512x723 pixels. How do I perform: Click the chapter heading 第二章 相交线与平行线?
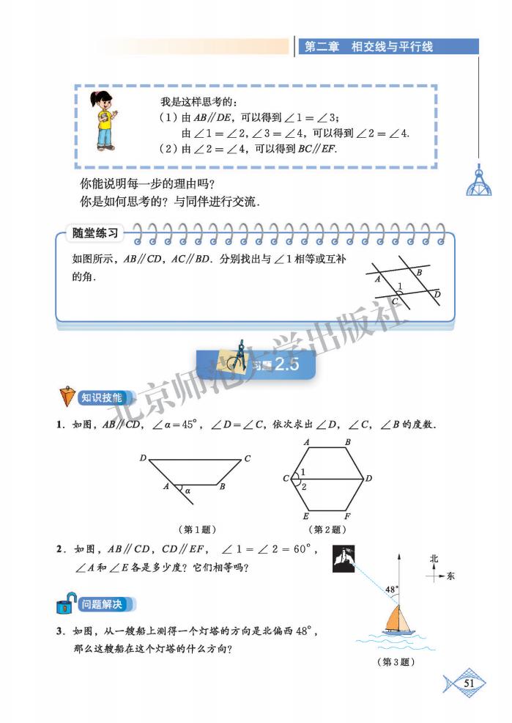click(x=368, y=46)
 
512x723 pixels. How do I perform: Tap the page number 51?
click(x=470, y=683)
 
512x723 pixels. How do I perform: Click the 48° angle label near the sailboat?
click(x=391, y=589)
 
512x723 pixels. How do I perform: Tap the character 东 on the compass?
click(x=450, y=576)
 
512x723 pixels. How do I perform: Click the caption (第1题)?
click(x=198, y=529)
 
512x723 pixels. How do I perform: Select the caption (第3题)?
click(x=396, y=661)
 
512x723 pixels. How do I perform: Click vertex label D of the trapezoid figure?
click(x=143, y=458)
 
